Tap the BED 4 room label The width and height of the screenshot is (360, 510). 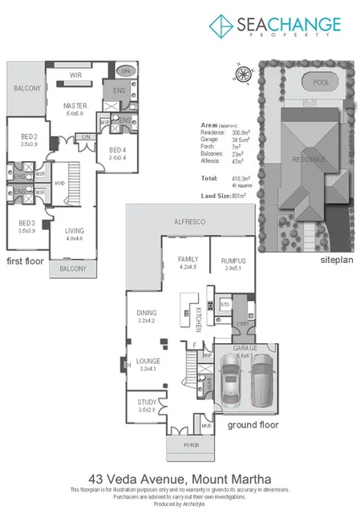(x=117, y=150)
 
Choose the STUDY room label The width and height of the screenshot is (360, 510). (x=146, y=403)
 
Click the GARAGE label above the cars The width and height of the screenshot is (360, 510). (x=245, y=349)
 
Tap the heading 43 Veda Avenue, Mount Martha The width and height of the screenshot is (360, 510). (x=180, y=478)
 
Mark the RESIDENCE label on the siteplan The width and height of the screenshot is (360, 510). (x=308, y=159)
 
